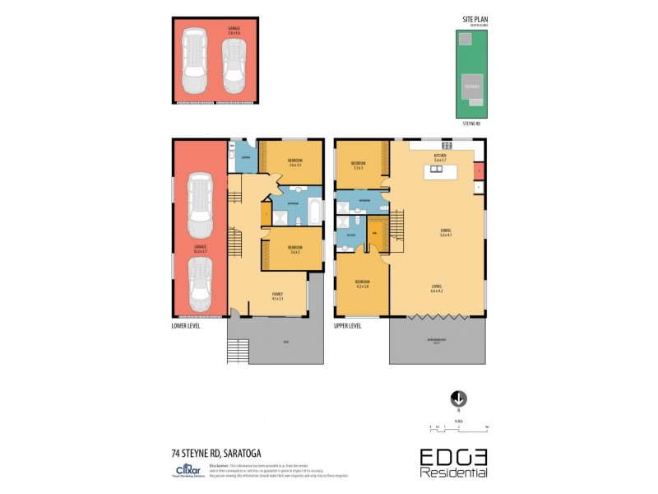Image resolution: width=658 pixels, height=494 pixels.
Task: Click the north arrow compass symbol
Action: click(459, 398)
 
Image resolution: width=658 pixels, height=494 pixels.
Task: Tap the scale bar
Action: click(459, 427)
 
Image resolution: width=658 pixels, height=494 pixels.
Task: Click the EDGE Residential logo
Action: click(454, 462)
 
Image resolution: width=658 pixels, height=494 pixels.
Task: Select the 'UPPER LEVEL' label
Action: click(348, 325)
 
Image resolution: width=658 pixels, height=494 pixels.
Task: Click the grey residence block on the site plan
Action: click(471, 85)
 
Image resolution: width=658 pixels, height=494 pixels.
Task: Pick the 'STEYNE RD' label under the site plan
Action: click(470, 123)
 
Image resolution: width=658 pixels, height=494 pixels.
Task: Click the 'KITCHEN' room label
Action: click(441, 154)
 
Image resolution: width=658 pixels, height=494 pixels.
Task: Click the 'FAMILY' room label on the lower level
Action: click(277, 294)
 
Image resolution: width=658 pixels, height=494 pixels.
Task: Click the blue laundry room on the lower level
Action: click(246, 156)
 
